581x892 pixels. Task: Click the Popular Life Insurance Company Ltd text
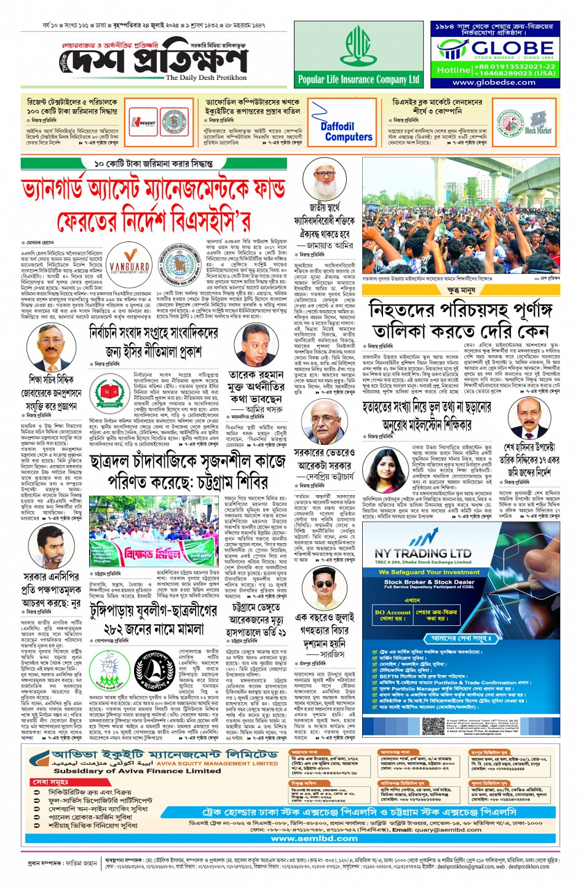pos(358,79)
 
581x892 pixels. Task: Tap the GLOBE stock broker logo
pos(495,49)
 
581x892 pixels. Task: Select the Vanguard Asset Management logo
pos(130,259)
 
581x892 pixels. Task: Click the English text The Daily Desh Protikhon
pos(206,78)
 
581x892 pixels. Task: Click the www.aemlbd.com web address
pos(314,838)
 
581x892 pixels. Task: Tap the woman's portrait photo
pos(377,470)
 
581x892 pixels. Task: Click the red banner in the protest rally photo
pos(159,553)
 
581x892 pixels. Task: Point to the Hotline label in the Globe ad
pos(453,70)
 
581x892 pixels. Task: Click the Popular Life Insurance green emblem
pos(358,48)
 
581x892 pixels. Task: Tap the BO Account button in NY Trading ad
pos(392,615)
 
